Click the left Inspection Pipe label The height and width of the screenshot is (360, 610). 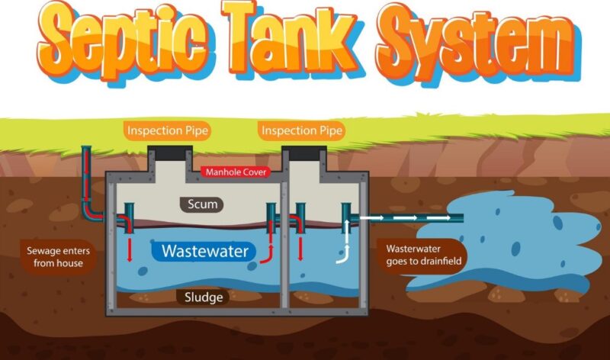coord(168,130)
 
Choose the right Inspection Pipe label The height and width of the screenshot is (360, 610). coord(302,130)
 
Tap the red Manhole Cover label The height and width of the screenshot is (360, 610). coord(236,172)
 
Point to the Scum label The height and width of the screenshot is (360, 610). coord(203,204)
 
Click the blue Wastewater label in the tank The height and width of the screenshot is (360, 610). coord(205,250)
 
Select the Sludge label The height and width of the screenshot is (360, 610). coord(203,297)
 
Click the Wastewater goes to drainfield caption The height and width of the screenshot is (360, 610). coord(425,255)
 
